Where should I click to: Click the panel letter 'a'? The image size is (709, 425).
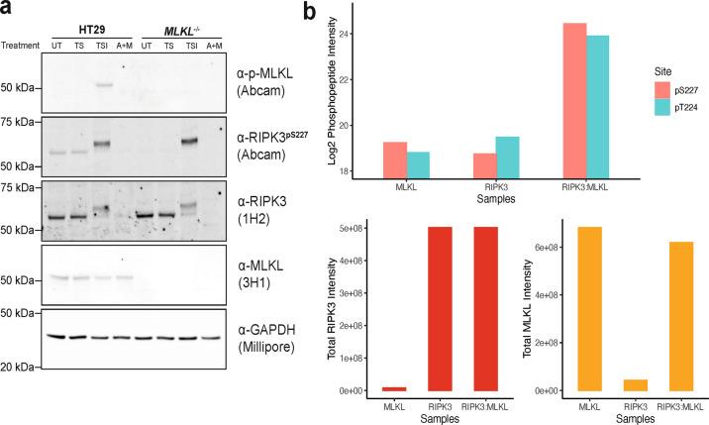tap(8, 12)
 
